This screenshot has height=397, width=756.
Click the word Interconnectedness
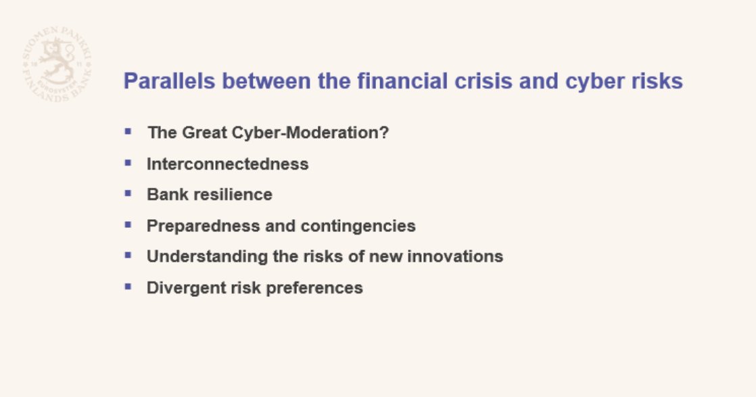227,164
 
